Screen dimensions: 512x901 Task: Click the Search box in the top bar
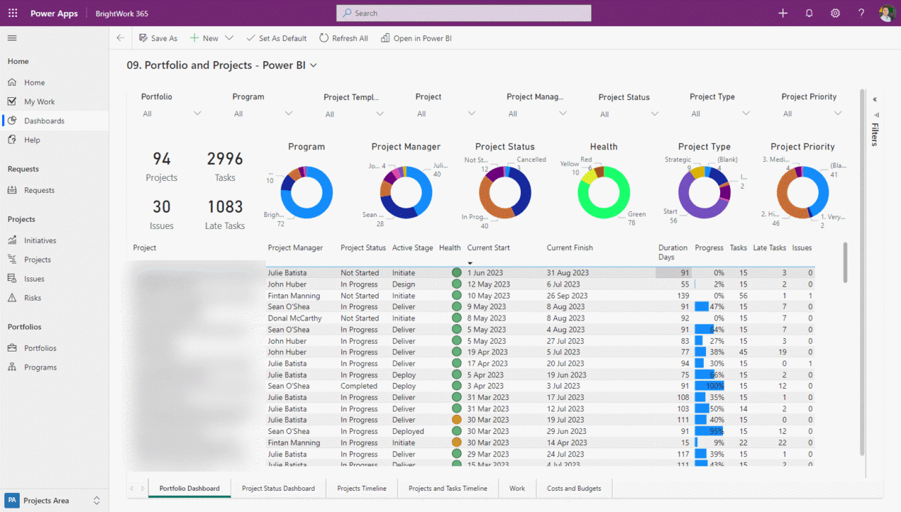click(x=464, y=13)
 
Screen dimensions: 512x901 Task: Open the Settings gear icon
click(x=836, y=13)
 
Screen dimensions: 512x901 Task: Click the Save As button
click(x=158, y=38)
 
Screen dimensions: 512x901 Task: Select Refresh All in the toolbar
click(x=344, y=38)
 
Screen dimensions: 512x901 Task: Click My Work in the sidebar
click(x=39, y=101)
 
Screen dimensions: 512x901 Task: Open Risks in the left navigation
click(x=32, y=298)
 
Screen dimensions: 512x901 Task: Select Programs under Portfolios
click(x=40, y=367)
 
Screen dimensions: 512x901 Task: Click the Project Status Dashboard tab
click(x=278, y=488)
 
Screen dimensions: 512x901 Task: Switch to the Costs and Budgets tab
click(x=574, y=488)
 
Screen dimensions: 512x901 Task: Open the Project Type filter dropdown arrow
click(x=746, y=113)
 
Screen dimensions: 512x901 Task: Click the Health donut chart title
click(x=603, y=146)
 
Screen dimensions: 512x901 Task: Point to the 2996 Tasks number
click(x=225, y=159)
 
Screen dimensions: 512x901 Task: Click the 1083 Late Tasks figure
click(x=225, y=207)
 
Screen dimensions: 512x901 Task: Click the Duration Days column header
click(x=672, y=251)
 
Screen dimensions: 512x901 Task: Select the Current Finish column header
click(x=569, y=248)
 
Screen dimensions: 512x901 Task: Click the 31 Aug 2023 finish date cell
click(x=567, y=273)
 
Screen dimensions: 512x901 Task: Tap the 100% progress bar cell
click(x=709, y=386)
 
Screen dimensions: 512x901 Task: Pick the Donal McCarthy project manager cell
click(x=294, y=318)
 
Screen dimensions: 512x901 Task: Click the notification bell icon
click(x=809, y=13)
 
